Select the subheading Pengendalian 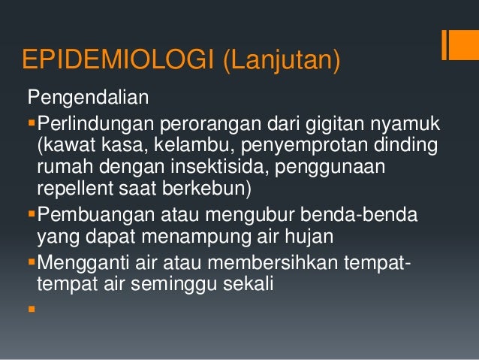coord(89,98)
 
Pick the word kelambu coord(186,143)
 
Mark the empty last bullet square coord(31,308)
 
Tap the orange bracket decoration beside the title coord(455,45)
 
